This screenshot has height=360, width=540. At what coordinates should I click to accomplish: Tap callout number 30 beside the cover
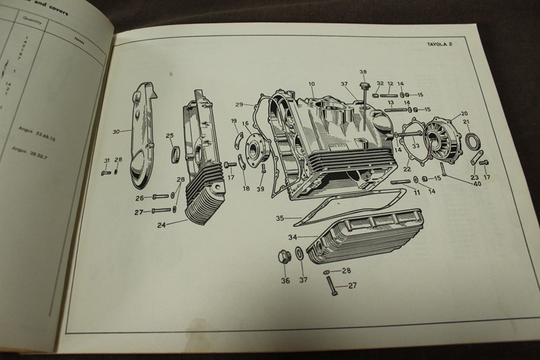tap(115, 131)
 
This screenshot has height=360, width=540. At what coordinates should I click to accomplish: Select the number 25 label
tap(170, 136)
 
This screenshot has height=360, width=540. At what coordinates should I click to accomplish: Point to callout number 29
tap(239, 105)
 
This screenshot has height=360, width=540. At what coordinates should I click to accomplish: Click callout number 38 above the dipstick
tap(363, 72)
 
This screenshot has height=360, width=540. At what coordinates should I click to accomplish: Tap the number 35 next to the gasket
tap(279, 218)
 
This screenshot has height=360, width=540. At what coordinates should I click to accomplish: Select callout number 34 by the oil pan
tap(293, 237)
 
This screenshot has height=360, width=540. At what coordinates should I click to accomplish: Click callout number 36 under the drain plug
tap(285, 281)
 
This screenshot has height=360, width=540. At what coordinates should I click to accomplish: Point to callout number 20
tap(464, 113)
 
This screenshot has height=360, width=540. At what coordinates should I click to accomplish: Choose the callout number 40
tap(477, 183)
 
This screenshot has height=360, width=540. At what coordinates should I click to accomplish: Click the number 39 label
tap(261, 189)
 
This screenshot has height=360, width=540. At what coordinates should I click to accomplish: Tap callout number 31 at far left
tap(106, 161)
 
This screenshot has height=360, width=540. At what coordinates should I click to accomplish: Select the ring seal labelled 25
tap(174, 152)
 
